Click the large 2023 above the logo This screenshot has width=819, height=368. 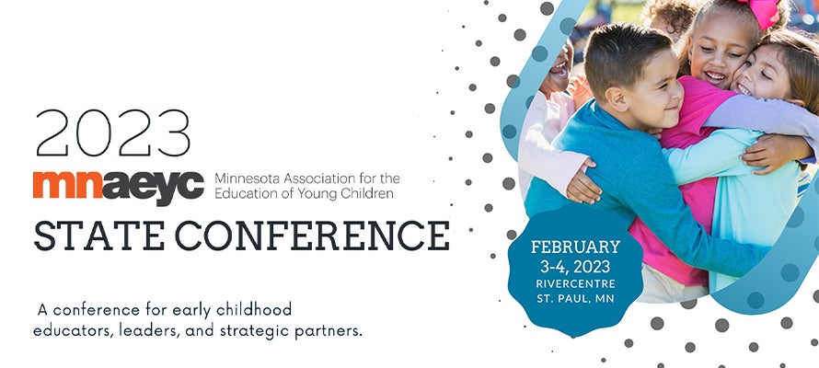[x=112, y=133]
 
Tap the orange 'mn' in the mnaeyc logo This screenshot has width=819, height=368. [x=67, y=185]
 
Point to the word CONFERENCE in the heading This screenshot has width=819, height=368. [x=312, y=236]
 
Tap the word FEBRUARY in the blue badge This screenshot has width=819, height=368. [x=575, y=247]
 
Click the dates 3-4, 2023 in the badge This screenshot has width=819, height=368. [x=575, y=267]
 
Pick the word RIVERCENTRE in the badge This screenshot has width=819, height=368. [x=575, y=284]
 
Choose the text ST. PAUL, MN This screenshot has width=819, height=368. [x=575, y=299]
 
